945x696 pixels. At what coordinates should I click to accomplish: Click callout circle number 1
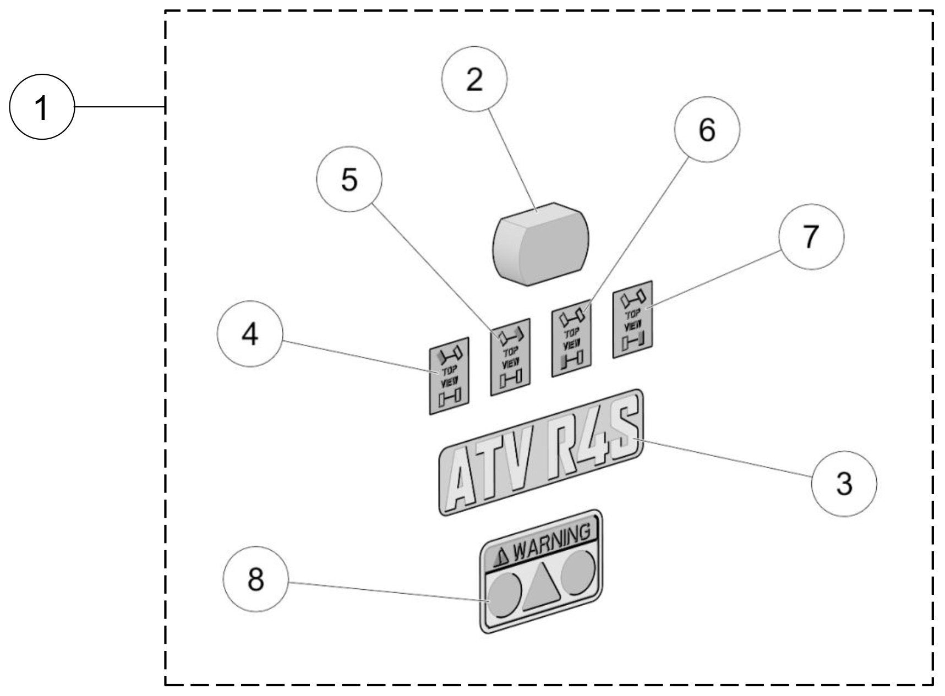(x=42, y=108)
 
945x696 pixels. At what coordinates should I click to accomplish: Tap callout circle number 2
(x=474, y=80)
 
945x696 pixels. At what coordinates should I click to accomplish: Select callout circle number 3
(x=844, y=484)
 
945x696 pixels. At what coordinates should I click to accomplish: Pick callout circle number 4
(x=250, y=334)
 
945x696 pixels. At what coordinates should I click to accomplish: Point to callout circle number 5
(x=349, y=179)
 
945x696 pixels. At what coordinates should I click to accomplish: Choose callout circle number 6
(x=707, y=130)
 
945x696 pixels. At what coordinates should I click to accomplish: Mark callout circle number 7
(x=811, y=237)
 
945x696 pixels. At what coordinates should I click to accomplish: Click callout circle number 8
(x=256, y=579)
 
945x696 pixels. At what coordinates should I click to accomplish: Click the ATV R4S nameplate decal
(x=540, y=452)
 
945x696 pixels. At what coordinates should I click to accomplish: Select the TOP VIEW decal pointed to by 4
(x=449, y=376)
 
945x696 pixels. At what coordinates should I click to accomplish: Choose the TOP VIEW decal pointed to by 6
(x=572, y=342)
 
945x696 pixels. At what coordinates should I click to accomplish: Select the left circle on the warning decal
(x=505, y=594)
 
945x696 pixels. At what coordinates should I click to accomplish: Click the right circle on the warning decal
(x=578, y=571)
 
